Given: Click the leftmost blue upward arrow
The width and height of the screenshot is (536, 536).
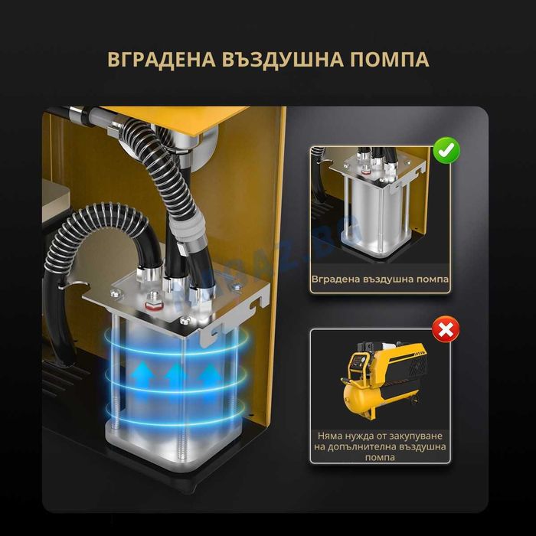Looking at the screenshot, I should coord(142,375).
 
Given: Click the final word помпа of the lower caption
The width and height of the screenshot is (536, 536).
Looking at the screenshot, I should coord(381,458).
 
